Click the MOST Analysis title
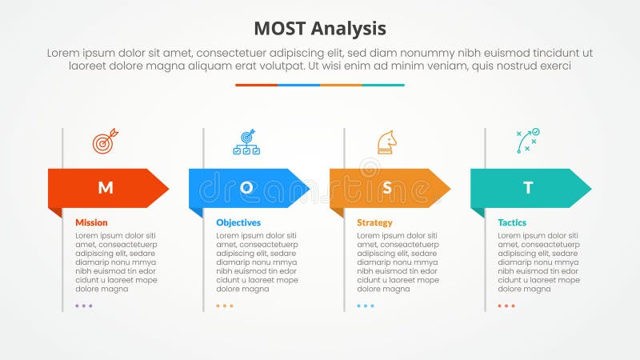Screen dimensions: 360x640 320,29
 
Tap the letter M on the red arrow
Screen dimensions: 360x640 105,188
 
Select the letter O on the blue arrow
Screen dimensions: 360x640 246,188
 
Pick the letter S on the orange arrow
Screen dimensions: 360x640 387,188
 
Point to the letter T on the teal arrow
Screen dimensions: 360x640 528,188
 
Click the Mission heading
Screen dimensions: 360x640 91,222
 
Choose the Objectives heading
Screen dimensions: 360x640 238,222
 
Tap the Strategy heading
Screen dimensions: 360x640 374,222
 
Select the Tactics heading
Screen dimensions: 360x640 512,222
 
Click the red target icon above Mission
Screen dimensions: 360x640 105,142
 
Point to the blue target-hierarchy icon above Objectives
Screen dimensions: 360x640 246,142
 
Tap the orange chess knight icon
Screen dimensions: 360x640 387,142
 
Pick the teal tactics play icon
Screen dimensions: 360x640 528,141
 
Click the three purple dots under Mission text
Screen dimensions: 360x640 84,306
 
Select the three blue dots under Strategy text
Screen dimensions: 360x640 366,306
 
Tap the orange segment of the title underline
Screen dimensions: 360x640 341,85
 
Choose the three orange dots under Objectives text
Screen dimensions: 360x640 225,306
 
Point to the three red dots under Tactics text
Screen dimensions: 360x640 506,306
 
